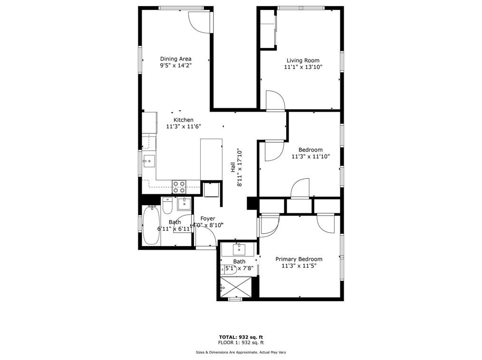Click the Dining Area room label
coord(175,59)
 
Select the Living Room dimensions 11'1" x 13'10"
coord(303,67)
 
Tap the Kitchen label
coord(183,120)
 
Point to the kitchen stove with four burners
coord(179,187)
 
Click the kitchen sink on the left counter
coord(148,161)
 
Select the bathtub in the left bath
coord(151,226)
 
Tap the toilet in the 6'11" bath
coord(168,206)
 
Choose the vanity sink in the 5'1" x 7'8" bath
coord(239,248)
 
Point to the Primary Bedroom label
coord(299,259)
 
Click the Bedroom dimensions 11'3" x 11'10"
coord(310,156)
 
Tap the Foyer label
coord(207,218)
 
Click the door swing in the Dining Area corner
coord(200,21)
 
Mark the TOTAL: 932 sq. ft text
coord(241,337)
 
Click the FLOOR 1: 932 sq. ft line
coord(241,342)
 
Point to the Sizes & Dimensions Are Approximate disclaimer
coord(241,352)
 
